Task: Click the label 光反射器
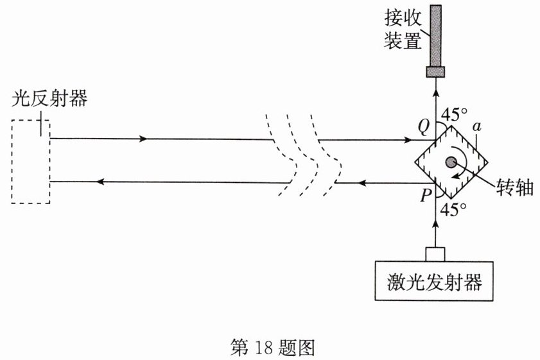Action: click(x=49, y=98)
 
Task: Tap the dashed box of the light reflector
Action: click(x=12, y=162)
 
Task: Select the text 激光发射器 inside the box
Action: click(x=435, y=282)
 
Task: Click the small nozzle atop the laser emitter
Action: click(x=435, y=254)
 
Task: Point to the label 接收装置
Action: click(x=403, y=30)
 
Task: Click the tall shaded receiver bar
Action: click(x=435, y=35)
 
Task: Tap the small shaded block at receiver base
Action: click(x=435, y=72)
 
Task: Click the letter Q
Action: click(x=424, y=127)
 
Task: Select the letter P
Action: click(x=426, y=196)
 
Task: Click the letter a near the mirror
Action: click(x=476, y=126)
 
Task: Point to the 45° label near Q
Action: click(x=455, y=114)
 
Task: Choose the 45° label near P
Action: click(x=454, y=209)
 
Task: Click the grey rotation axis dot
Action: click(x=451, y=162)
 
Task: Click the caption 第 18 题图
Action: click(x=272, y=348)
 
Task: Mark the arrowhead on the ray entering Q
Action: click(x=408, y=140)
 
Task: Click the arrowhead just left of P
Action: click(x=361, y=183)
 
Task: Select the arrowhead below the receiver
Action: click(x=435, y=94)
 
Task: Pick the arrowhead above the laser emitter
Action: click(x=435, y=225)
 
